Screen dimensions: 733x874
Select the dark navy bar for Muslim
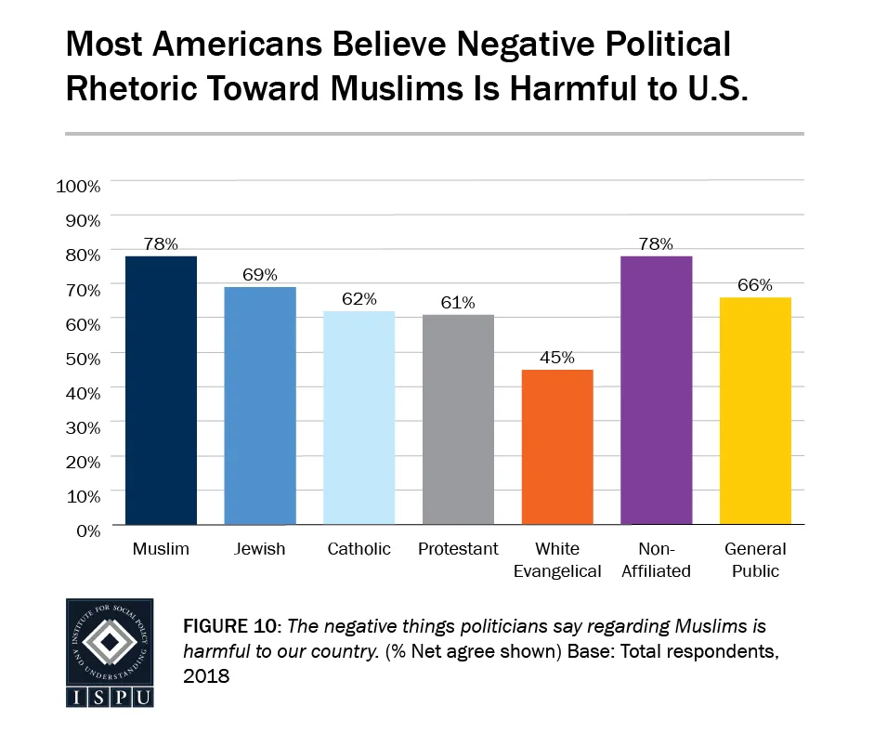(x=161, y=390)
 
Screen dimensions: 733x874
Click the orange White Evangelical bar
(x=557, y=447)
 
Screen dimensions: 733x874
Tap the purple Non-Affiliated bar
(x=657, y=390)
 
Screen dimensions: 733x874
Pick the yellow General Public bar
(x=756, y=411)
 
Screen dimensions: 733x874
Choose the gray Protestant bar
(x=458, y=419)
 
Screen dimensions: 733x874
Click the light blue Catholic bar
(x=359, y=417)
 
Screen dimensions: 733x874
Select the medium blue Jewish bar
(x=260, y=405)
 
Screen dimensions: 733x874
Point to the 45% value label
(x=557, y=358)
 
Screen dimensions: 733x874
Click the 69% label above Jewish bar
(x=260, y=275)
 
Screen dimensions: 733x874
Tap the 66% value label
(x=756, y=285)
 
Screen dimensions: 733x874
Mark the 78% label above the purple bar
(x=657, y=243)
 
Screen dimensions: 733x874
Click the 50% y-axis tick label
(x=82, y=358)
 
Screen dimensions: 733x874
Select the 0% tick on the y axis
(x=86, y=530)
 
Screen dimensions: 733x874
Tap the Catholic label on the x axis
(x=359, y=549)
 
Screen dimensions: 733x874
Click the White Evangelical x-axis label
(x=557, y=560)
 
